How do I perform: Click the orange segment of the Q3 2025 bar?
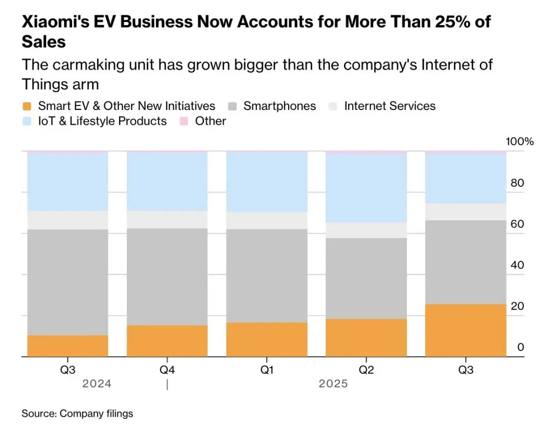465,330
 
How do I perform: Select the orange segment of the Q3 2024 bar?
67,346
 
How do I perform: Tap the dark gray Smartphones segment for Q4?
167,277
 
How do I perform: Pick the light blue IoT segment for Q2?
366,187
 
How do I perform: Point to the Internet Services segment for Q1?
266,220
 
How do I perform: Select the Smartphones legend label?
280,106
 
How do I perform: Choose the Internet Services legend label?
389,106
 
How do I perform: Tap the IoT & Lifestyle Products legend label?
102,121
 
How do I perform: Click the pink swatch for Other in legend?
184,121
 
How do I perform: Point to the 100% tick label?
519,142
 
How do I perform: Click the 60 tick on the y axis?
517,224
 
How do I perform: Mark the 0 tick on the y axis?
521,347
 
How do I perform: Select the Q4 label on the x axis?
167,370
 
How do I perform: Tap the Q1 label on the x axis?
266,370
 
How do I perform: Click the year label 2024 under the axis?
97,384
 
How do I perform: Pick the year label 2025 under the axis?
333,384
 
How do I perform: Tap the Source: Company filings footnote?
77,413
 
